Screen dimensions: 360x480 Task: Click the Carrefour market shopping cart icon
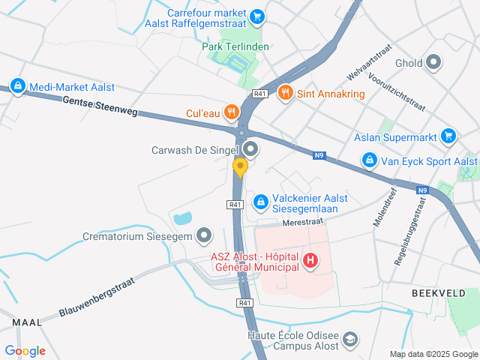pyautogui.click(x=257, y=16)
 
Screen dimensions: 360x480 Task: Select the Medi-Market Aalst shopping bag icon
pyautogui.click(x=18, y=86)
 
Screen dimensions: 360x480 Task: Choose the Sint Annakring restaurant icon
pyautogui.click(x=284, y=93)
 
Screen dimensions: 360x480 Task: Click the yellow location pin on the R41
pyautogui.click(x=240, y=166)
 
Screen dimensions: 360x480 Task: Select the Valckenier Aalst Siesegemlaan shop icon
pyautogui.click(x=259, y=201)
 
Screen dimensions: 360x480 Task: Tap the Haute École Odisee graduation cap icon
pyautogui.click(x=349, y=340)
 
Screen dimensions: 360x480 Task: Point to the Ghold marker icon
pyautogui.click(x=433, y=63)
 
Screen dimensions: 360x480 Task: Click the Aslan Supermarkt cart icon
pyautogui.click(x=448, y=135)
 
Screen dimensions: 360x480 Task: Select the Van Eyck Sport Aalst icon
pyautogui.click(x=369, y=160)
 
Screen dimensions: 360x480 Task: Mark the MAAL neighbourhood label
pyautogui.click(x=27, y=322)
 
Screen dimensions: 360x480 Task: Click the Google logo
pyautogui.click(x=25, y=350)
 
